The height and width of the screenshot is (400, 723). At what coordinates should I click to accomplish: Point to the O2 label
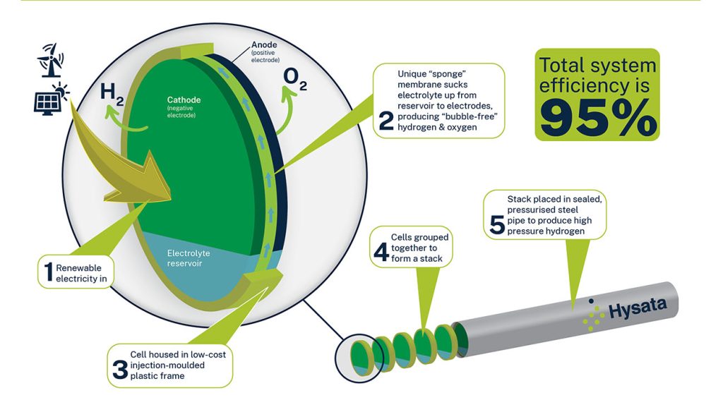click(x=294, y=78)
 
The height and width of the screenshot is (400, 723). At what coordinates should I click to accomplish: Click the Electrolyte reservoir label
click(x=189, y=259)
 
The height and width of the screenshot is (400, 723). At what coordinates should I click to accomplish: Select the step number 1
click(x=46, y=274)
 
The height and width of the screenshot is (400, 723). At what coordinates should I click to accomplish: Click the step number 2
click(x=386, y=119)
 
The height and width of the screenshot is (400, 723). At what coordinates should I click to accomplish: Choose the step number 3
click(x=119, y=366)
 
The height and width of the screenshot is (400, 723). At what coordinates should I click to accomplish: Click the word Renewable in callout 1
click(x=79, y=268)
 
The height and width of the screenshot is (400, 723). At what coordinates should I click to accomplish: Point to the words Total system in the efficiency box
click(x=597, y=66)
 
